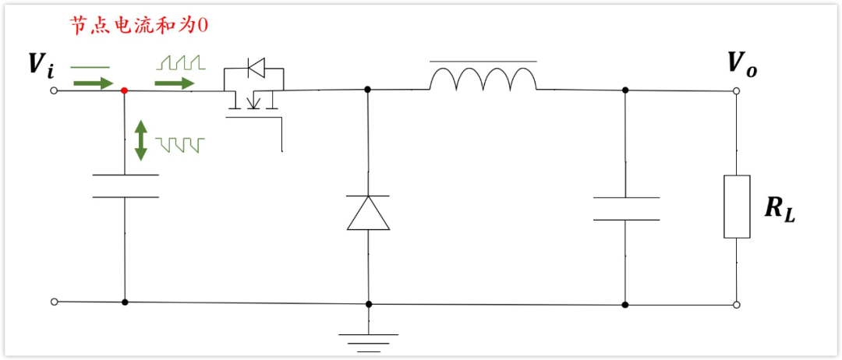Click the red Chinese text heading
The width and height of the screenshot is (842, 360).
click(139, 26)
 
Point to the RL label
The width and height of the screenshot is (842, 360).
click(779, 208)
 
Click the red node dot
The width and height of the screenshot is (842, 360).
click(125, 90)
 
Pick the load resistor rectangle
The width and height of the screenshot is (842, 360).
click(738, 206)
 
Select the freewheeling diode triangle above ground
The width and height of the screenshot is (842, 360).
click(368, 214)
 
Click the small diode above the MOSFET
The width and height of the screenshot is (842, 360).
click(254, 70)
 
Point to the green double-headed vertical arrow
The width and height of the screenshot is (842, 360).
click(140, 140)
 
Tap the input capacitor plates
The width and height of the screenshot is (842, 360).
click(125, 185)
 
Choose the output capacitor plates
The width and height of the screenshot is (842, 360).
click(625, 208)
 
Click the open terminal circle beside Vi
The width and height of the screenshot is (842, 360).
click(54, 90)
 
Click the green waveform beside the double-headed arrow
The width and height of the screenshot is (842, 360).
click(180, 145)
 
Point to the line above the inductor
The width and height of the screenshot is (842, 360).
click(483, 61)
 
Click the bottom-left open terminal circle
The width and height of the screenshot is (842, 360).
click(54, 301)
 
